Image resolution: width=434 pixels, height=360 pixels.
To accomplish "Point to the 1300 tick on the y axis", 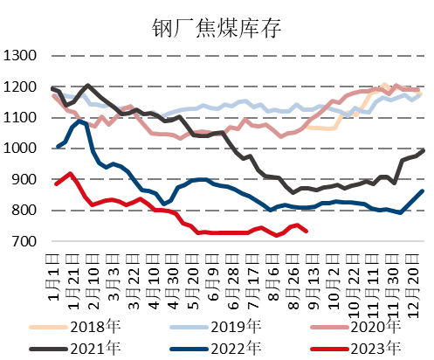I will [x=21, y=57].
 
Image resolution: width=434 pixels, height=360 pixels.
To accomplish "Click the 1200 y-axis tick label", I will [x=21, y=87].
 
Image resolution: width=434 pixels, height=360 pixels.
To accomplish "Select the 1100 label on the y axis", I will [x=21, y=118].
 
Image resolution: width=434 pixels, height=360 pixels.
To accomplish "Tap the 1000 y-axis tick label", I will [x=21, y=149].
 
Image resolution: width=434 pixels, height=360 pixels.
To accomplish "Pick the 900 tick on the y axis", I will [x=24, y=179].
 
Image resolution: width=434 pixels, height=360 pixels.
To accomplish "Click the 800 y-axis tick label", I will [x=24, y=211].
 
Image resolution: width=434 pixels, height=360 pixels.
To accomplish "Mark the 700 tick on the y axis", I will [x=24, y=241].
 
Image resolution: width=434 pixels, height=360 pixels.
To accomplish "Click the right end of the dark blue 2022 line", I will [x=424, y=190].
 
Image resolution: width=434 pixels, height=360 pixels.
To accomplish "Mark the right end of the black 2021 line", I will [x=424, y=150].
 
